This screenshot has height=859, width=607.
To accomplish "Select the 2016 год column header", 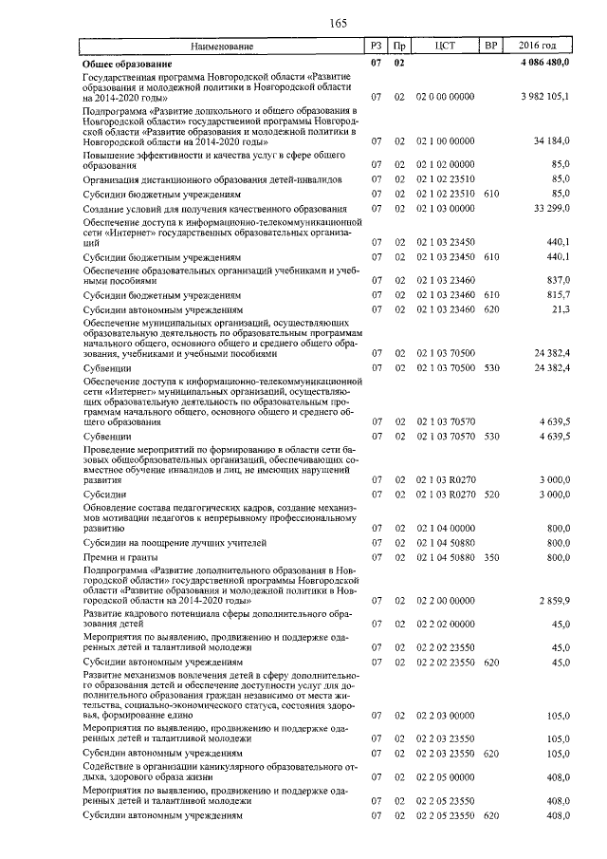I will point(538,47).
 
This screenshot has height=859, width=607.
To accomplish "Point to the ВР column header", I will point(490,47).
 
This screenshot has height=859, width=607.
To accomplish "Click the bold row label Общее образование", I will point(126,63).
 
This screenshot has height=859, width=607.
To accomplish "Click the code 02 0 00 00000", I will point(446,98).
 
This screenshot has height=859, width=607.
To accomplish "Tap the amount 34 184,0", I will point(551,140).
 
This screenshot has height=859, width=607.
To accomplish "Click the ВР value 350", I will point(490,557).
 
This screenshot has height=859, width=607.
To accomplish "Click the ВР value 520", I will point(490,495).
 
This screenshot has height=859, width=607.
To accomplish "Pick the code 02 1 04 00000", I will point(446,528).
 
